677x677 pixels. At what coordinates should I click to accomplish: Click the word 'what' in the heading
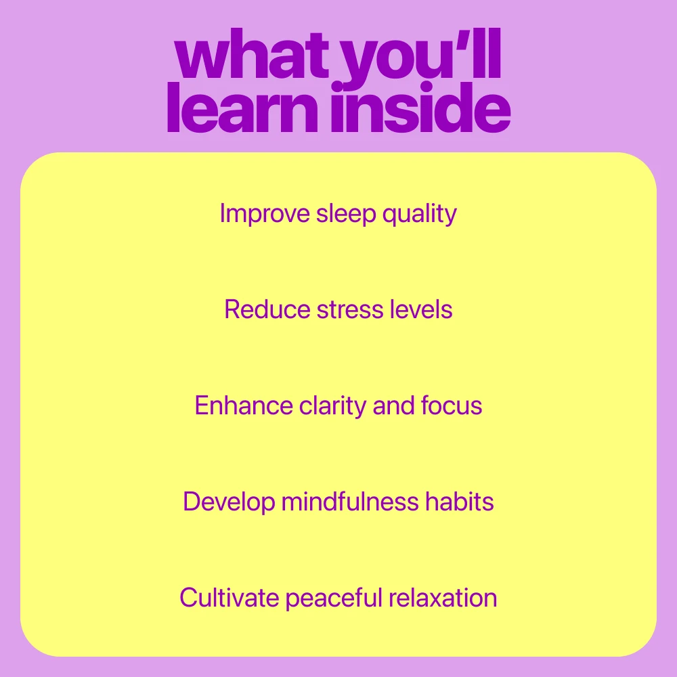[252, 54]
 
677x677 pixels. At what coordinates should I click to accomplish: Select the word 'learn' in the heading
[242, 108]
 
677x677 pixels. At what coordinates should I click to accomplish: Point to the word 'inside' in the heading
[420, 108]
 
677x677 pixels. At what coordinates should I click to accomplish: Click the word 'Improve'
[265, 214]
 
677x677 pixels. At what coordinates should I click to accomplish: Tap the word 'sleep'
[346, 214]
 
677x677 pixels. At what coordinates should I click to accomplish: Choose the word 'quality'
[420, 214]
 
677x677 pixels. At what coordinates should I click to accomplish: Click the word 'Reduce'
[267, 309]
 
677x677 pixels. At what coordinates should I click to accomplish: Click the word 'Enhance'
[244, 406]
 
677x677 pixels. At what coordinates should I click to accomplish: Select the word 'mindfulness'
[350, 501]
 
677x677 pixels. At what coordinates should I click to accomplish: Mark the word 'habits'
[460, 501]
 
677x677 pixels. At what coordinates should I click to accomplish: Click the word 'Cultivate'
[230, 598]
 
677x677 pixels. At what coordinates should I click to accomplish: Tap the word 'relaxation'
[443, 598]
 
